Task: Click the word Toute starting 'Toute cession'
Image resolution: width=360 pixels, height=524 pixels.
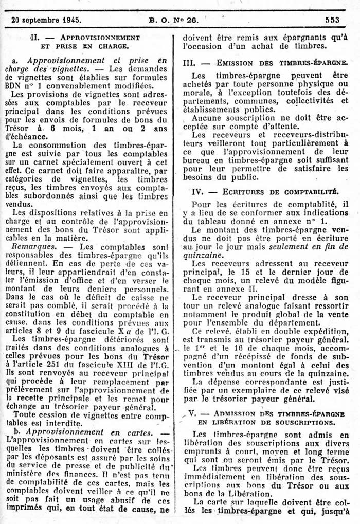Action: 25,414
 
